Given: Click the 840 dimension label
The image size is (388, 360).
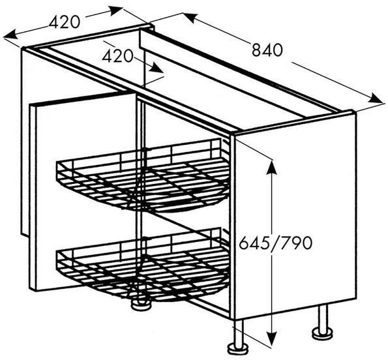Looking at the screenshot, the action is pyautogui.click(x=267, y=50).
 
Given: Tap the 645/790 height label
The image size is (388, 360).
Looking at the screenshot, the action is pyautogui.click(x=276, y=243).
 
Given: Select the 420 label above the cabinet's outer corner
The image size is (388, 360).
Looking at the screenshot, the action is pyautogui.click(x=65, y=22).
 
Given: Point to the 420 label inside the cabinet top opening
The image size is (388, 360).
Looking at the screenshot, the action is pyautogui.click(x=118, y=56).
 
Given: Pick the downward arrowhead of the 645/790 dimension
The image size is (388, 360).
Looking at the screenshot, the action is pyautogui.click(x=272, y=338).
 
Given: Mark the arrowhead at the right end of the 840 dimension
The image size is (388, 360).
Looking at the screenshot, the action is pyautogui.click(x=376, y=98).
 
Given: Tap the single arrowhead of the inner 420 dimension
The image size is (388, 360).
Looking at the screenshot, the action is pyautogui.click(x=156, y=68).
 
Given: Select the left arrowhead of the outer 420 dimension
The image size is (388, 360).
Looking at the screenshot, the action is pyautogui.click(x=10, y=35).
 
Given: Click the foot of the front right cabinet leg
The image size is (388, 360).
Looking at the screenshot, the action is pyautogui.click(x=238, y=349).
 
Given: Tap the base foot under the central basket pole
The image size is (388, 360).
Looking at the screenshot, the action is pyautogui.click(x=141, y=304).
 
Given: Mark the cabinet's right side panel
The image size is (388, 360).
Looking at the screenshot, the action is pyautogui.click(x=295, y=215).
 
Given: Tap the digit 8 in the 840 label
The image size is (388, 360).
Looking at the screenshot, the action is pyautogui.click(x=257, y=50).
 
